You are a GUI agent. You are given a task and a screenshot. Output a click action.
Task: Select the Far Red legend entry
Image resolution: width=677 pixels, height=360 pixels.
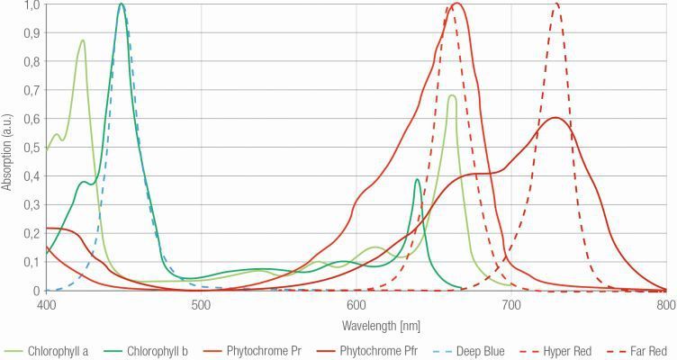point(645,351)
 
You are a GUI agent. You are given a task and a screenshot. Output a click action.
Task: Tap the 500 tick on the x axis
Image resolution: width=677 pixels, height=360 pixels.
point(201,304)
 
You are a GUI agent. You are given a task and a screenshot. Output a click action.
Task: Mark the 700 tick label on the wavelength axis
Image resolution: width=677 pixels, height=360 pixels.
point(510,304)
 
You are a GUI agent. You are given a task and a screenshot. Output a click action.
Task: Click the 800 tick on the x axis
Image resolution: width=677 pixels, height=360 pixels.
point(665,304)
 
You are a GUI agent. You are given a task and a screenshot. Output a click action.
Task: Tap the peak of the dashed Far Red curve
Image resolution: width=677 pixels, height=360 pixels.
point(556,4)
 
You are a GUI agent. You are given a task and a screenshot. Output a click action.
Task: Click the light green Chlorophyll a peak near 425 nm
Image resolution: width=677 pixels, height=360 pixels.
point(83,40)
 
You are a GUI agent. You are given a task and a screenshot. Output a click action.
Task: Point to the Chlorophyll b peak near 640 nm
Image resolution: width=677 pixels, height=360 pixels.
point(417,179)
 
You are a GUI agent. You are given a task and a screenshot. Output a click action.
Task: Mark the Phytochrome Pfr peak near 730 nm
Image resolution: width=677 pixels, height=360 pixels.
point(555,118)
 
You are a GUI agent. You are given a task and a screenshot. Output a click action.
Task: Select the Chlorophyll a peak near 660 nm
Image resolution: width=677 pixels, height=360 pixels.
point(451,95)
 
